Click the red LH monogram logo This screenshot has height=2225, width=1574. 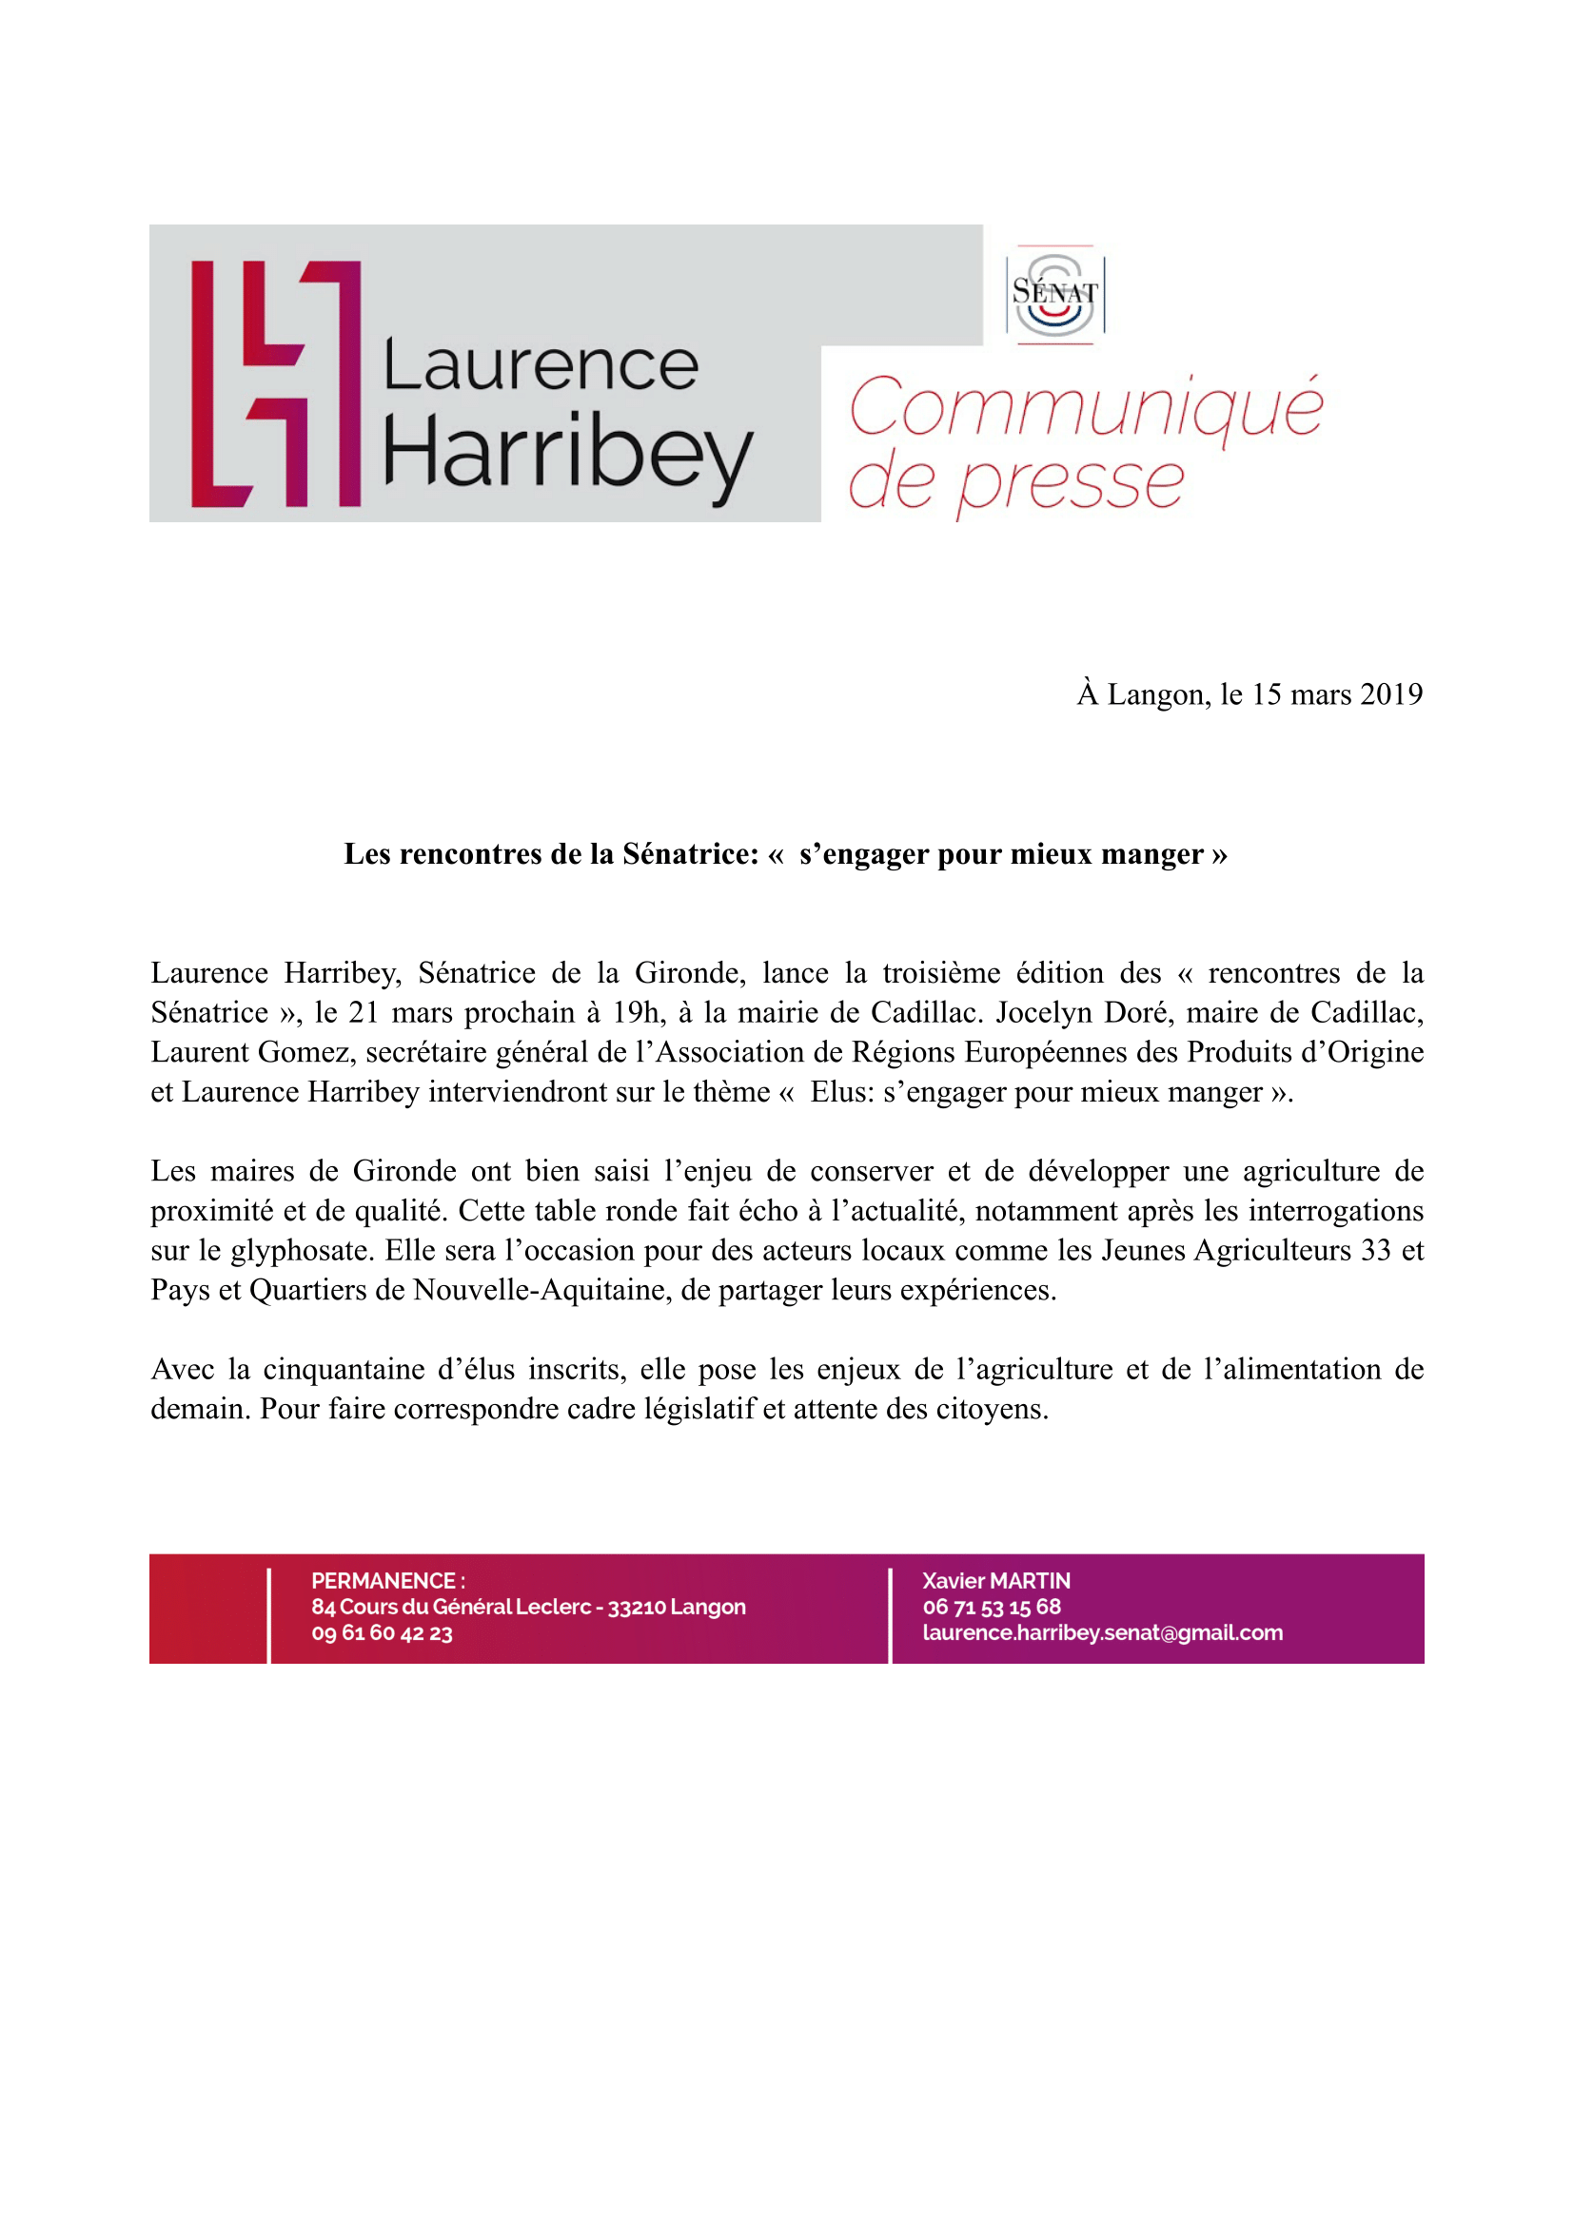[275, 383]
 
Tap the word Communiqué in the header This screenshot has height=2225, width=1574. [1085, 407]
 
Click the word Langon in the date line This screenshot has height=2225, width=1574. [1157, 694]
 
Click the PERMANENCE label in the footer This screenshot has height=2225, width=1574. [384, 1581]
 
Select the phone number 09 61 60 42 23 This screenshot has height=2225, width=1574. [382, 1633]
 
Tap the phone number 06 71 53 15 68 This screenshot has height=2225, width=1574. [992, 1607]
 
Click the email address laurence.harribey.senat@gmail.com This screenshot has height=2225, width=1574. [1102, 1633]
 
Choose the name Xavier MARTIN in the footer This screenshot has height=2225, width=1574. [996, 1581]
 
